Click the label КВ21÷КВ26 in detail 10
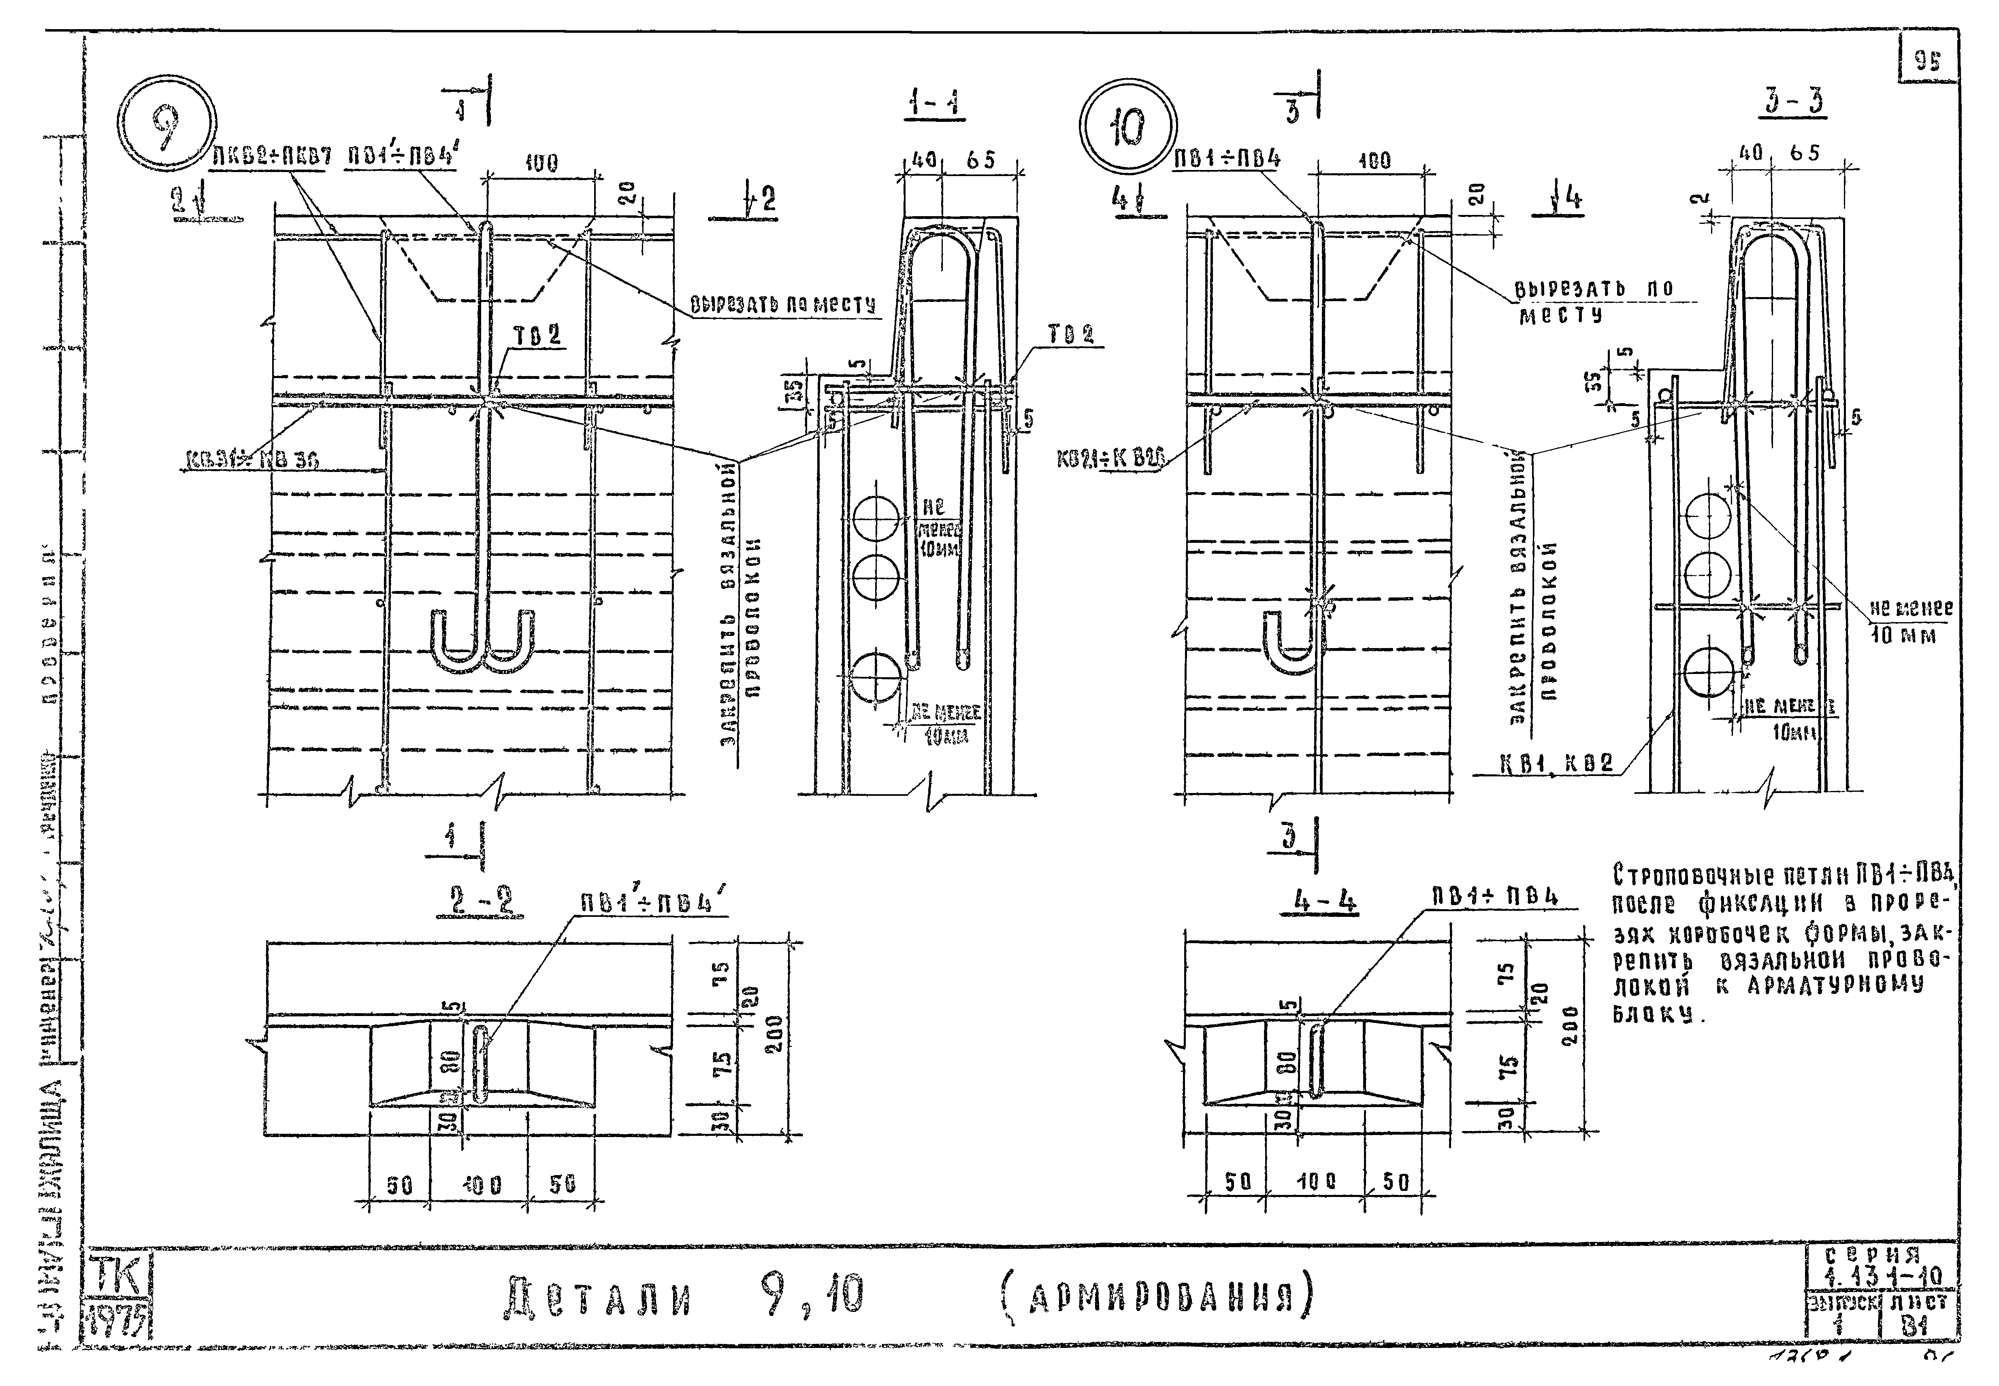1109,458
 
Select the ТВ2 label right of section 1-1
1070,334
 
